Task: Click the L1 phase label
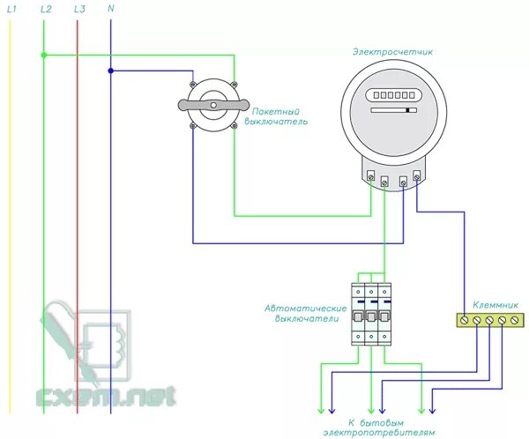pyautogui.click(x=12, y=8)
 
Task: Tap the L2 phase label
pyautogui.click(x=46, y=8)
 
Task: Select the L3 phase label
pyautogui.click(x=79, y=8)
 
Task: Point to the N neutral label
pyautogui.click(x=110, y=8)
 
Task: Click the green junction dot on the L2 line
pyautogui.click(x=43, y=55)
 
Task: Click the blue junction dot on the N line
pyautogui.click(x=110, y=71)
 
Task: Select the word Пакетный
pyautogui.click(x=276, y=112)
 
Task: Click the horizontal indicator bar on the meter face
pyautogui.click(x=391, y=111)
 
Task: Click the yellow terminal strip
pyautogui.click(x=487, y=320)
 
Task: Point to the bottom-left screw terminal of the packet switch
pyautogui.click(x=193, y=126)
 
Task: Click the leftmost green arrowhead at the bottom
pyautogui.click(x=319, y=410)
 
